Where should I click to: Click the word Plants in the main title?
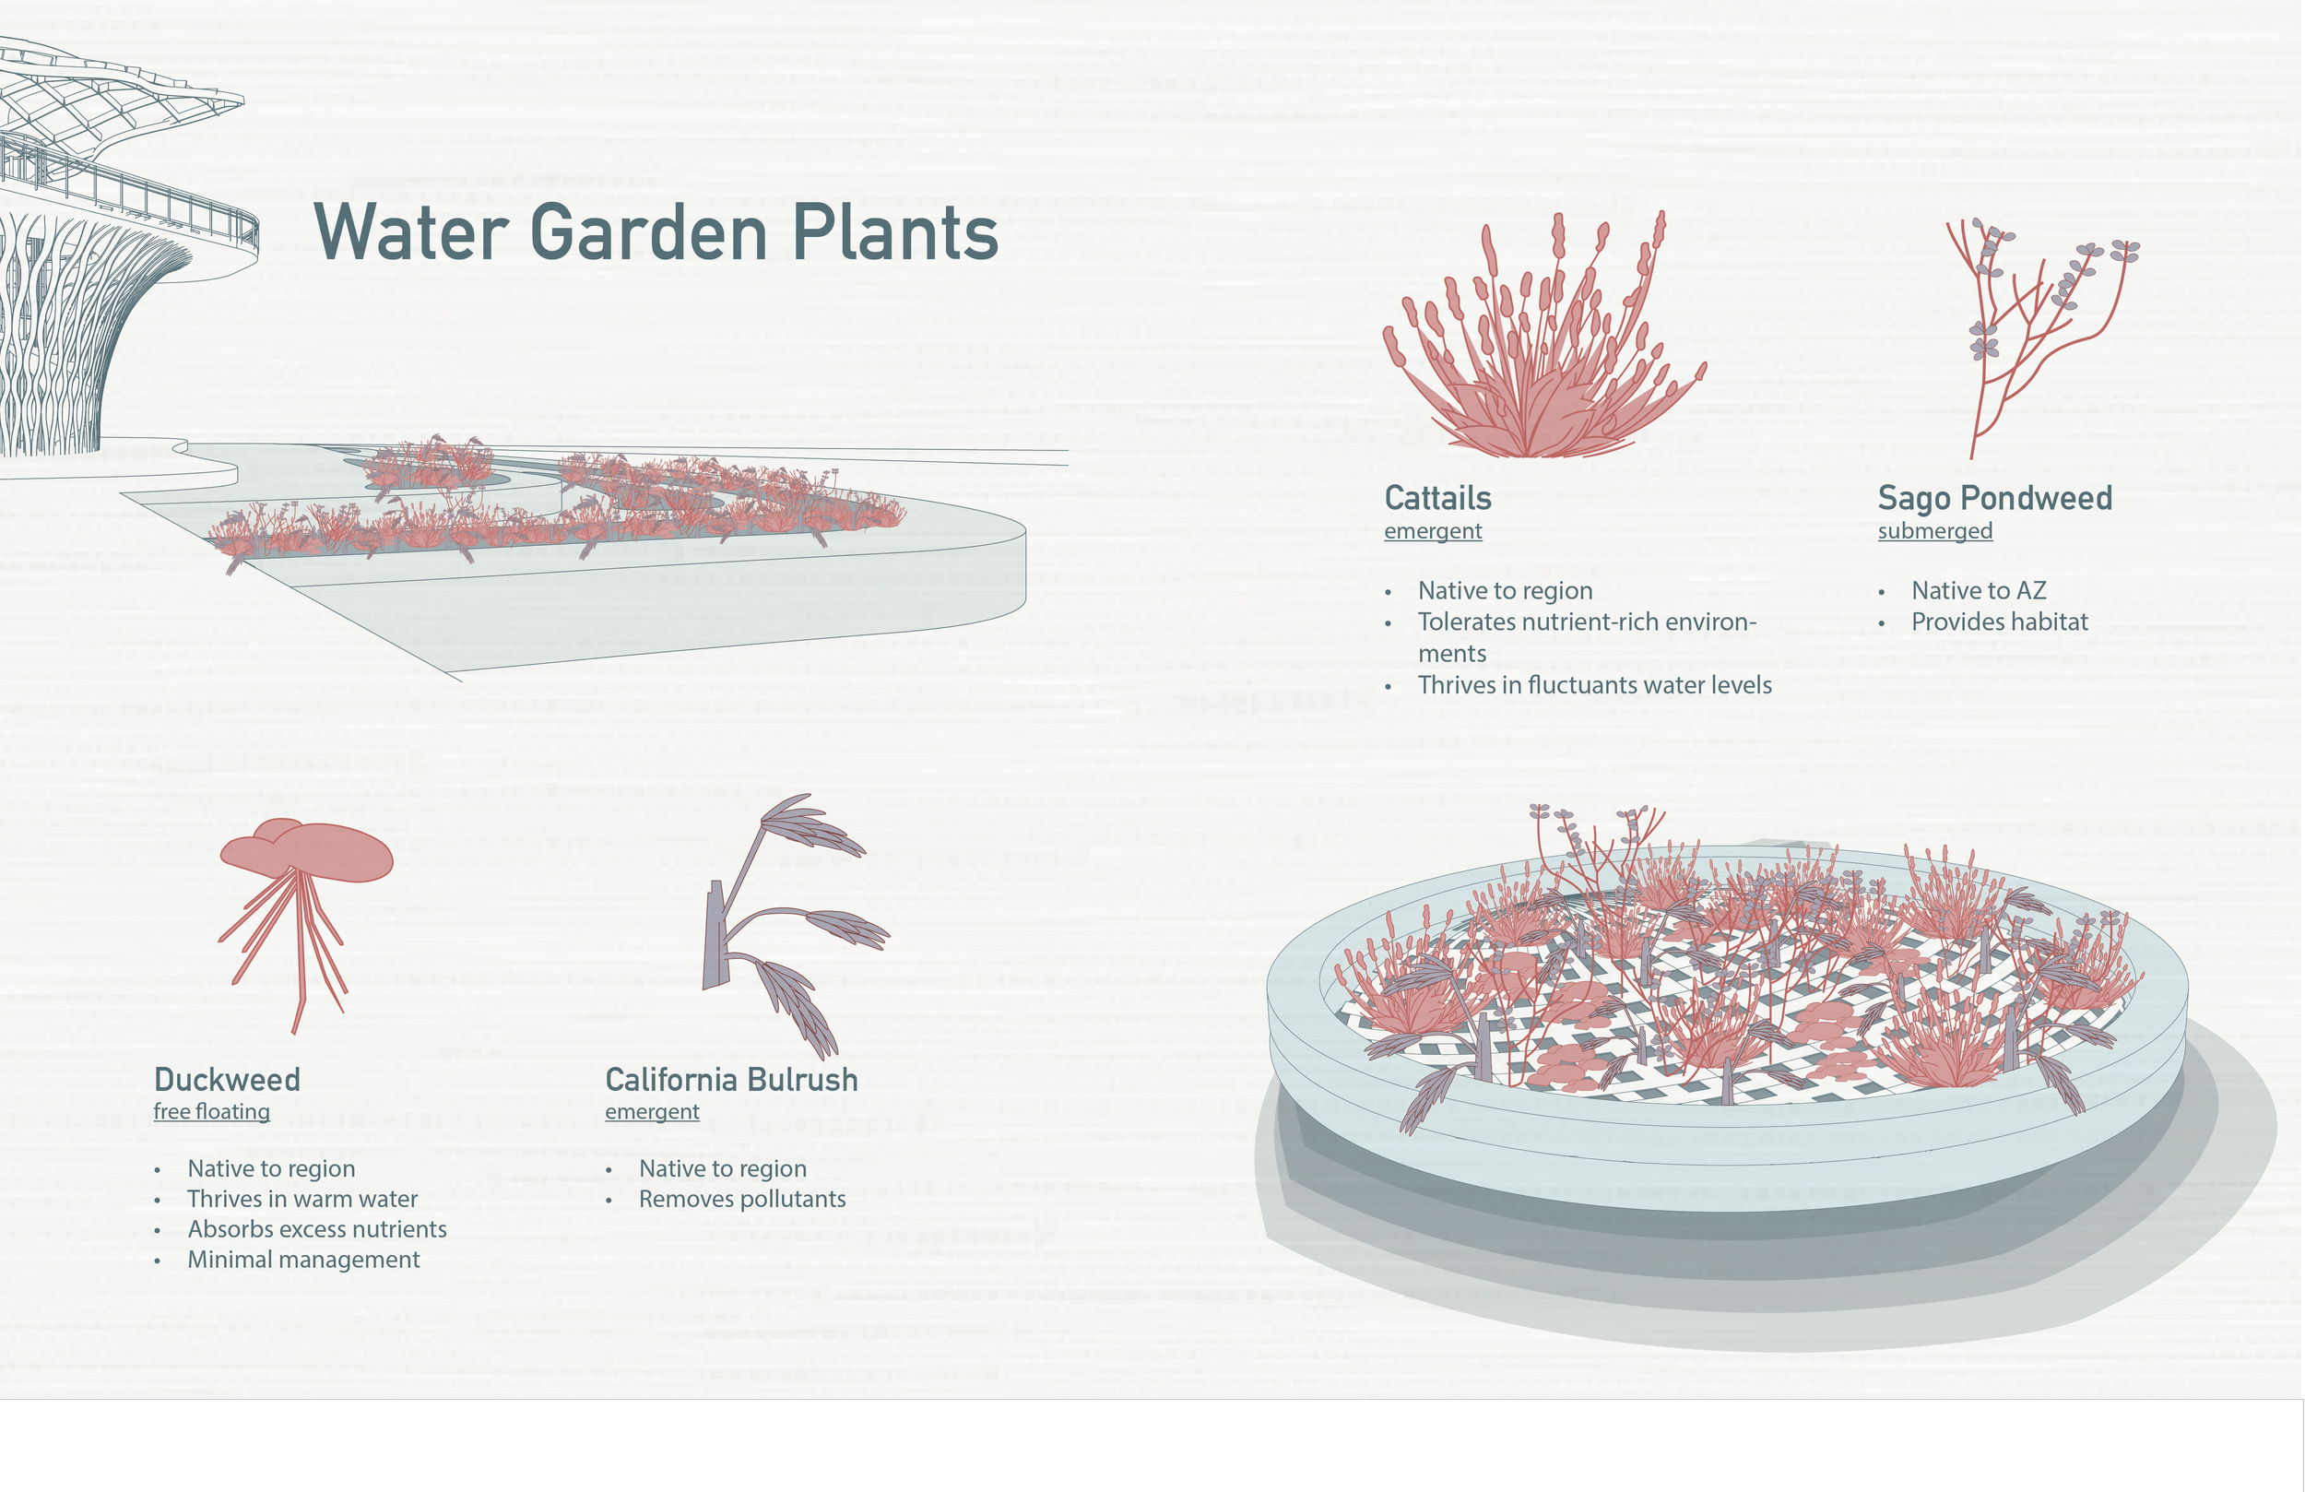pos(894,232)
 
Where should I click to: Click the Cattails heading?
pos(1437,498)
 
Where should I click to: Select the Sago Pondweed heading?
pos(1994,498)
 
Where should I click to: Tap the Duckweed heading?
pos(227,1079)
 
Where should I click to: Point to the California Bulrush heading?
pos(731,1079)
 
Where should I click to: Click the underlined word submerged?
pos(1934,531)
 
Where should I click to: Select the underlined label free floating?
pos(211,1111)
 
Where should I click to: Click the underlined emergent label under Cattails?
pos(1433,531)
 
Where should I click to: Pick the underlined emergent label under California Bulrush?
pos(652,1111)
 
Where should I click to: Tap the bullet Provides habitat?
pos(1999,622)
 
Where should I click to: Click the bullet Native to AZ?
pos(1978,591)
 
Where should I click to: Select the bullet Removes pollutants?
pos(742,1200)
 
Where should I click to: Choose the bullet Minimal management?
pos(303,1260)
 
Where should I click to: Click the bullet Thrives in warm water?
pos(302,1200)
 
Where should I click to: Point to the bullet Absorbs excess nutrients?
pos(316,1229)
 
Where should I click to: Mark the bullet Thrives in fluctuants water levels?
pos(1594,685)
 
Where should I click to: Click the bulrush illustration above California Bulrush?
pos(785,930)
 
